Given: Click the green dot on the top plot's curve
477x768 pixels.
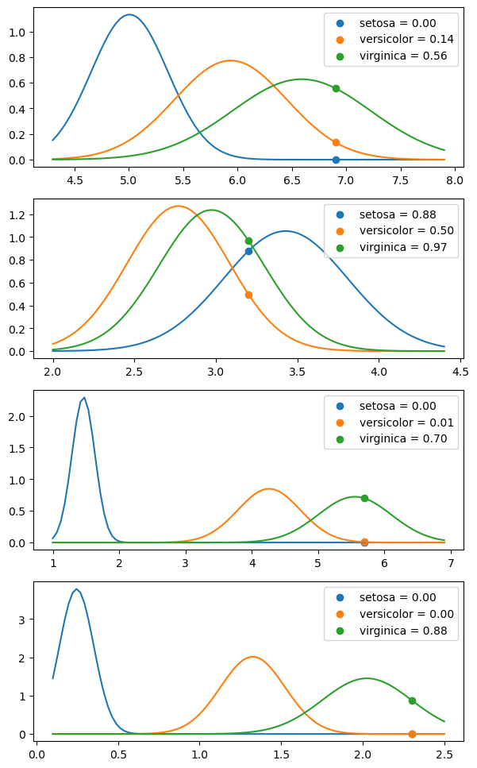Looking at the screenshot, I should pos(336,88).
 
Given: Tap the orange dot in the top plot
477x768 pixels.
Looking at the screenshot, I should pos(336,142).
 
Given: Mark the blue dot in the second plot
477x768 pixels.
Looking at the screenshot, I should pos(248,251).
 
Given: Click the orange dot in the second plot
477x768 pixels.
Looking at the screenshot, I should pos(248,295).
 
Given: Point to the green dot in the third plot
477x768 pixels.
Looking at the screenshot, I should pos(364,498).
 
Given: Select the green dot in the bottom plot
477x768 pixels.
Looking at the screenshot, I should pos(412,700).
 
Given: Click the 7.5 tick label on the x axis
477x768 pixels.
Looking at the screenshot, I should pos(401,180).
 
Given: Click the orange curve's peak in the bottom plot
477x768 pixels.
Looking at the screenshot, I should pos(252,657).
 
